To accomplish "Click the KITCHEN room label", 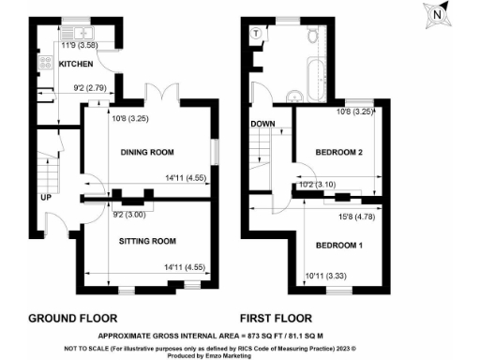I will point(77,64).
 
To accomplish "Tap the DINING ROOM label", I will point(149,152).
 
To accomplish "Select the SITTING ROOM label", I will point(148,239).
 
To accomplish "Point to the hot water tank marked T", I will point(256,32).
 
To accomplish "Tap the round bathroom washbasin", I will point(292,95).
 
